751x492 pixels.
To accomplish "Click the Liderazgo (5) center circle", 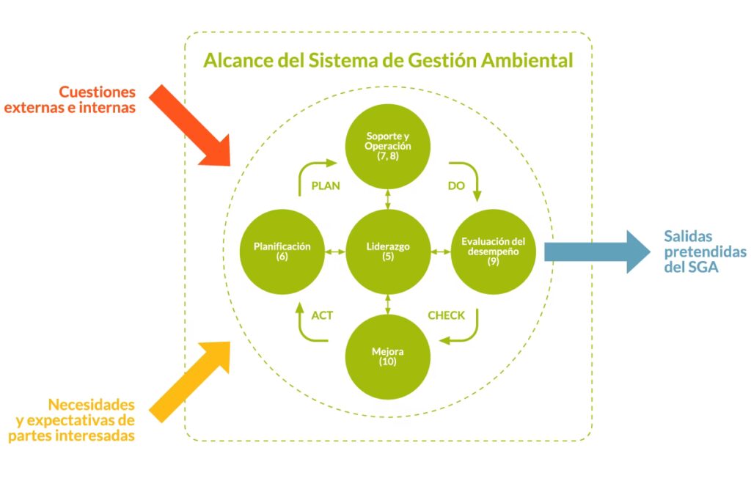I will click(x=387, y=252).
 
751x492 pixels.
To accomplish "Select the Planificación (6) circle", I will click(x=283, y=252).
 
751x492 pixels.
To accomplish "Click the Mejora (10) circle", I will click(x=387, y=356).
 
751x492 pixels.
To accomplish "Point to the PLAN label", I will click(x=326, y=186).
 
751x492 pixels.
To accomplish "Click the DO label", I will click(x=456, y=186).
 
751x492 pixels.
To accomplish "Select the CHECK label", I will click(x=446, y=315).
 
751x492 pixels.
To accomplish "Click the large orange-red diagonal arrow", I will click(x=192, y=125).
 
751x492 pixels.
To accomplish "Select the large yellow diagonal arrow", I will click(x=192, y=381).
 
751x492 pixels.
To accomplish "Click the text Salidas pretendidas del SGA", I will click(x=704, y=252).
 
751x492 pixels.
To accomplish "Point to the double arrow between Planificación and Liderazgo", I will click(x=335, y=252).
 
